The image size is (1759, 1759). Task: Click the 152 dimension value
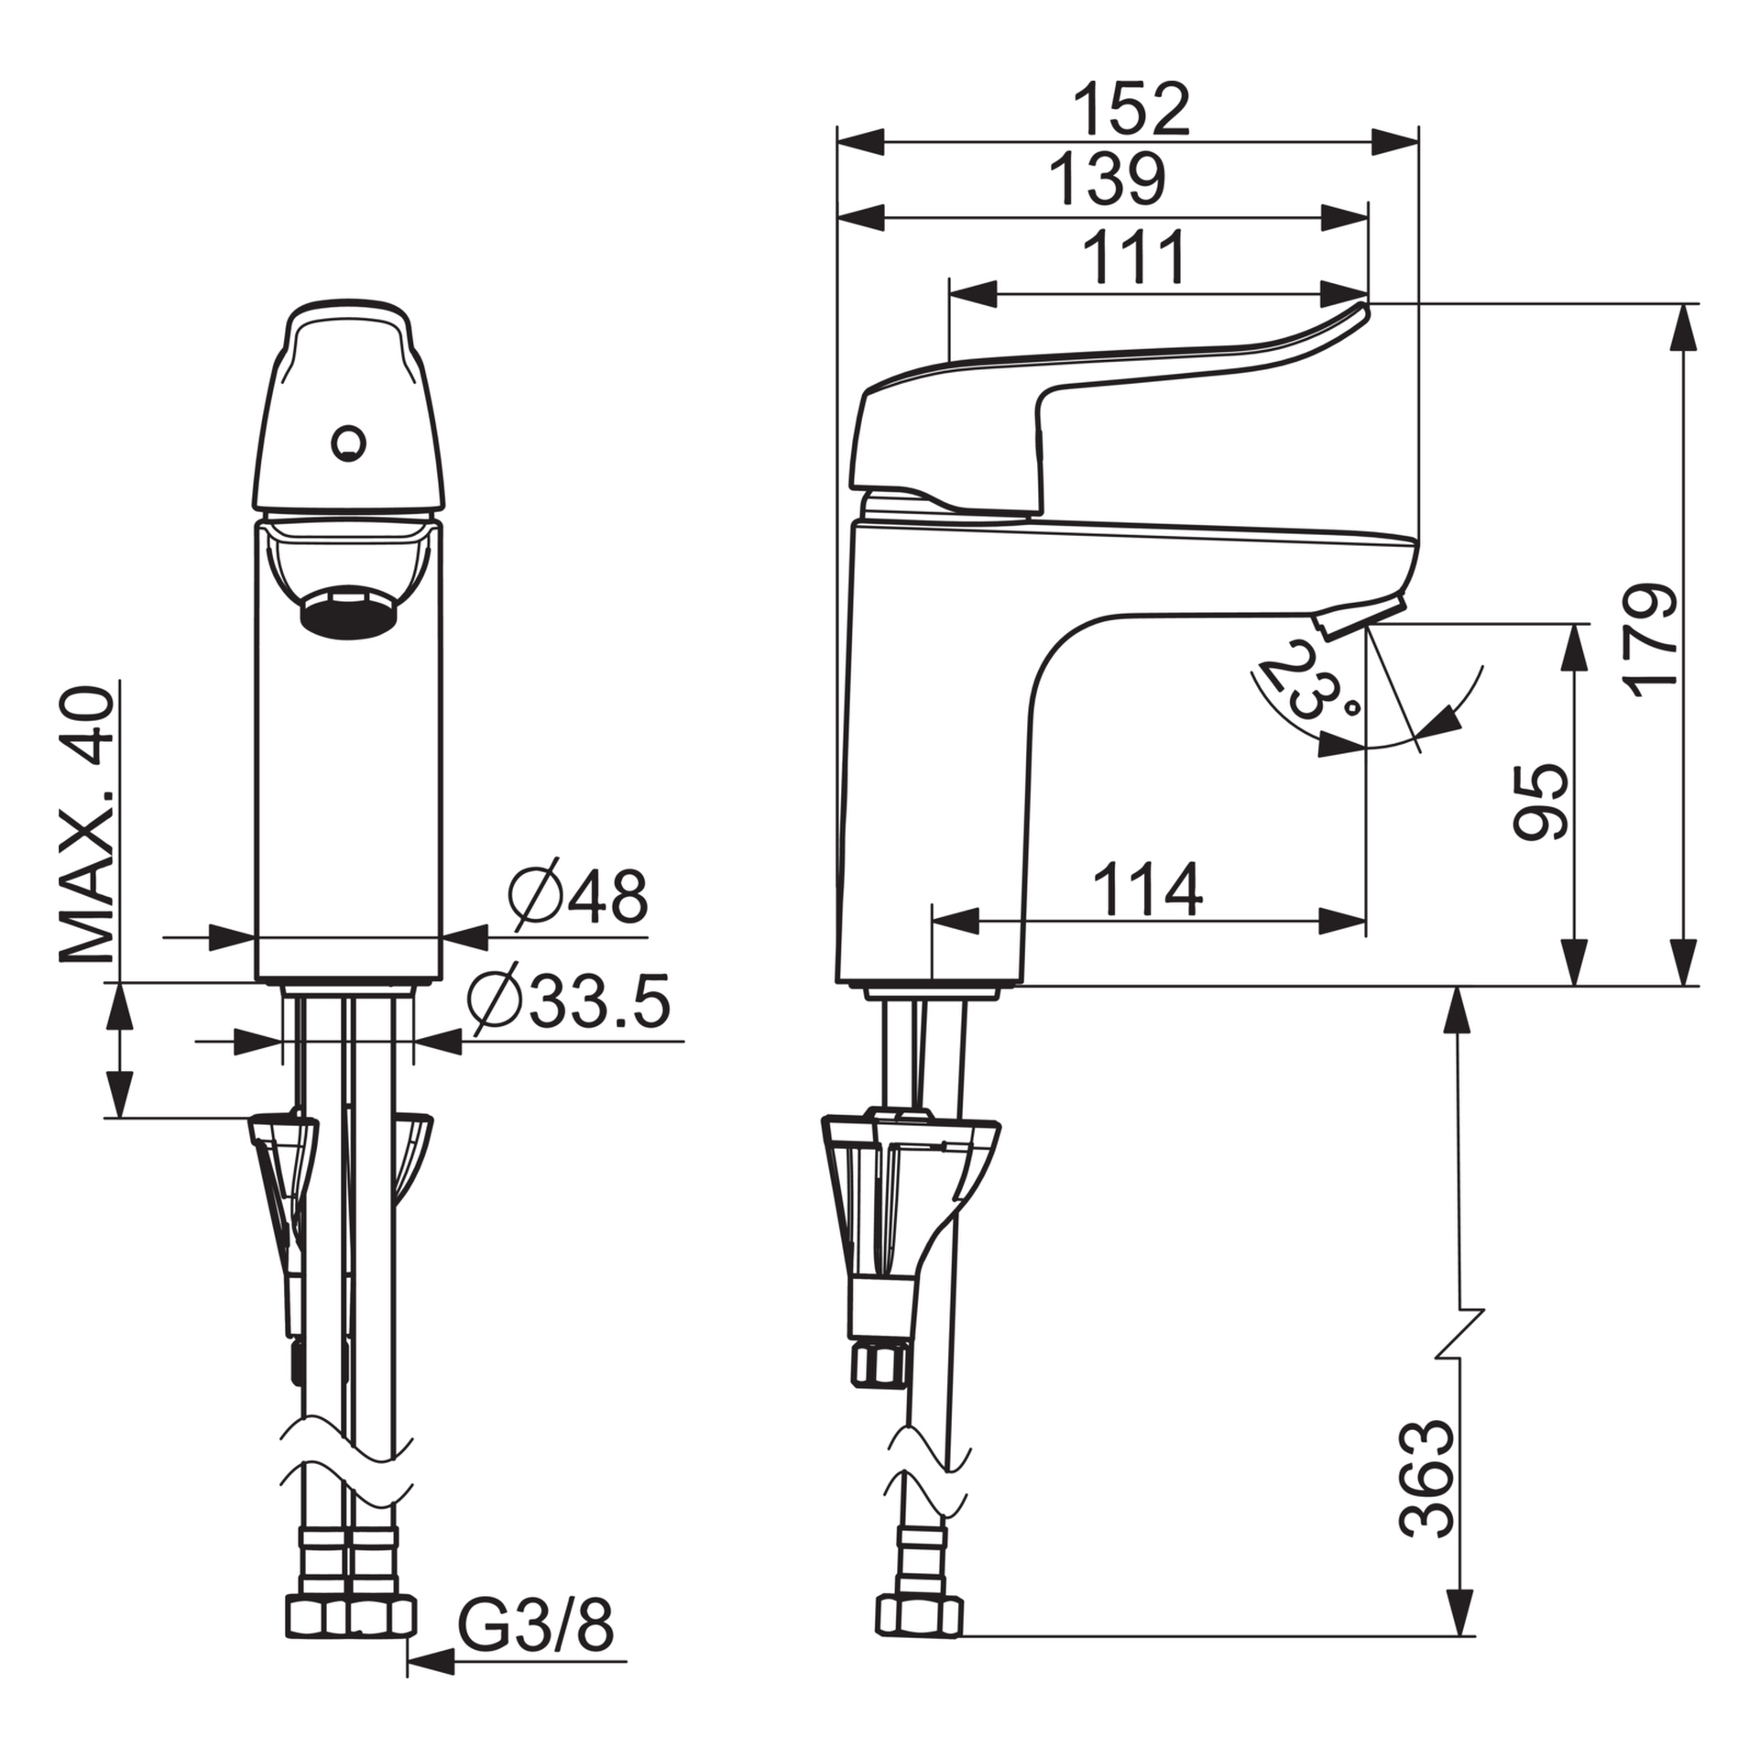pyautogui.click(x=1131, y=109)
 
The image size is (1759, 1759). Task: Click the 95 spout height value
pyautogui.click(x=1540, y=802)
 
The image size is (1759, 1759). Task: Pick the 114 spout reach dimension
pyautogui.click(x=1147, y=890)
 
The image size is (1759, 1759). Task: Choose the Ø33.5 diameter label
pyautogui.click(x=569, y=1000)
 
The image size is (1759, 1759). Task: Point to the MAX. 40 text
pyautogui.click(x=88, y=825)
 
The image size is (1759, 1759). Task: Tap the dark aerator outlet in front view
pyautogui.click(x=349, y=612)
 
